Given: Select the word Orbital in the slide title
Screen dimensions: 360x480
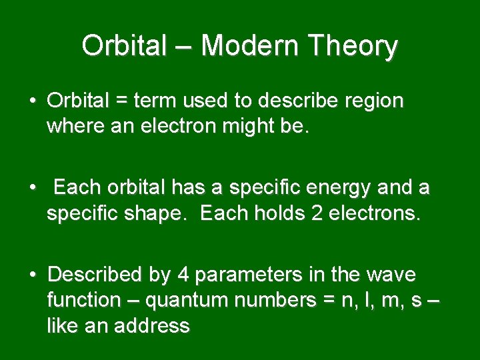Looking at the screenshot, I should click(x=123, y=46).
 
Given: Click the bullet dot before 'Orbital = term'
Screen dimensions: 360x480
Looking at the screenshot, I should click(x=32, y=101).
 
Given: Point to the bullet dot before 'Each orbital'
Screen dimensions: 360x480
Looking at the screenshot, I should click(x=32, y=189).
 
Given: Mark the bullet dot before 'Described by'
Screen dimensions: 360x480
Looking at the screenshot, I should click(x=32, y=275).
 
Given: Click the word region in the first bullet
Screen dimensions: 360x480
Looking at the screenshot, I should click(x=373, y=101).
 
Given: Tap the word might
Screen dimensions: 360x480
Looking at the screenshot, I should click(x=247, y=127).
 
